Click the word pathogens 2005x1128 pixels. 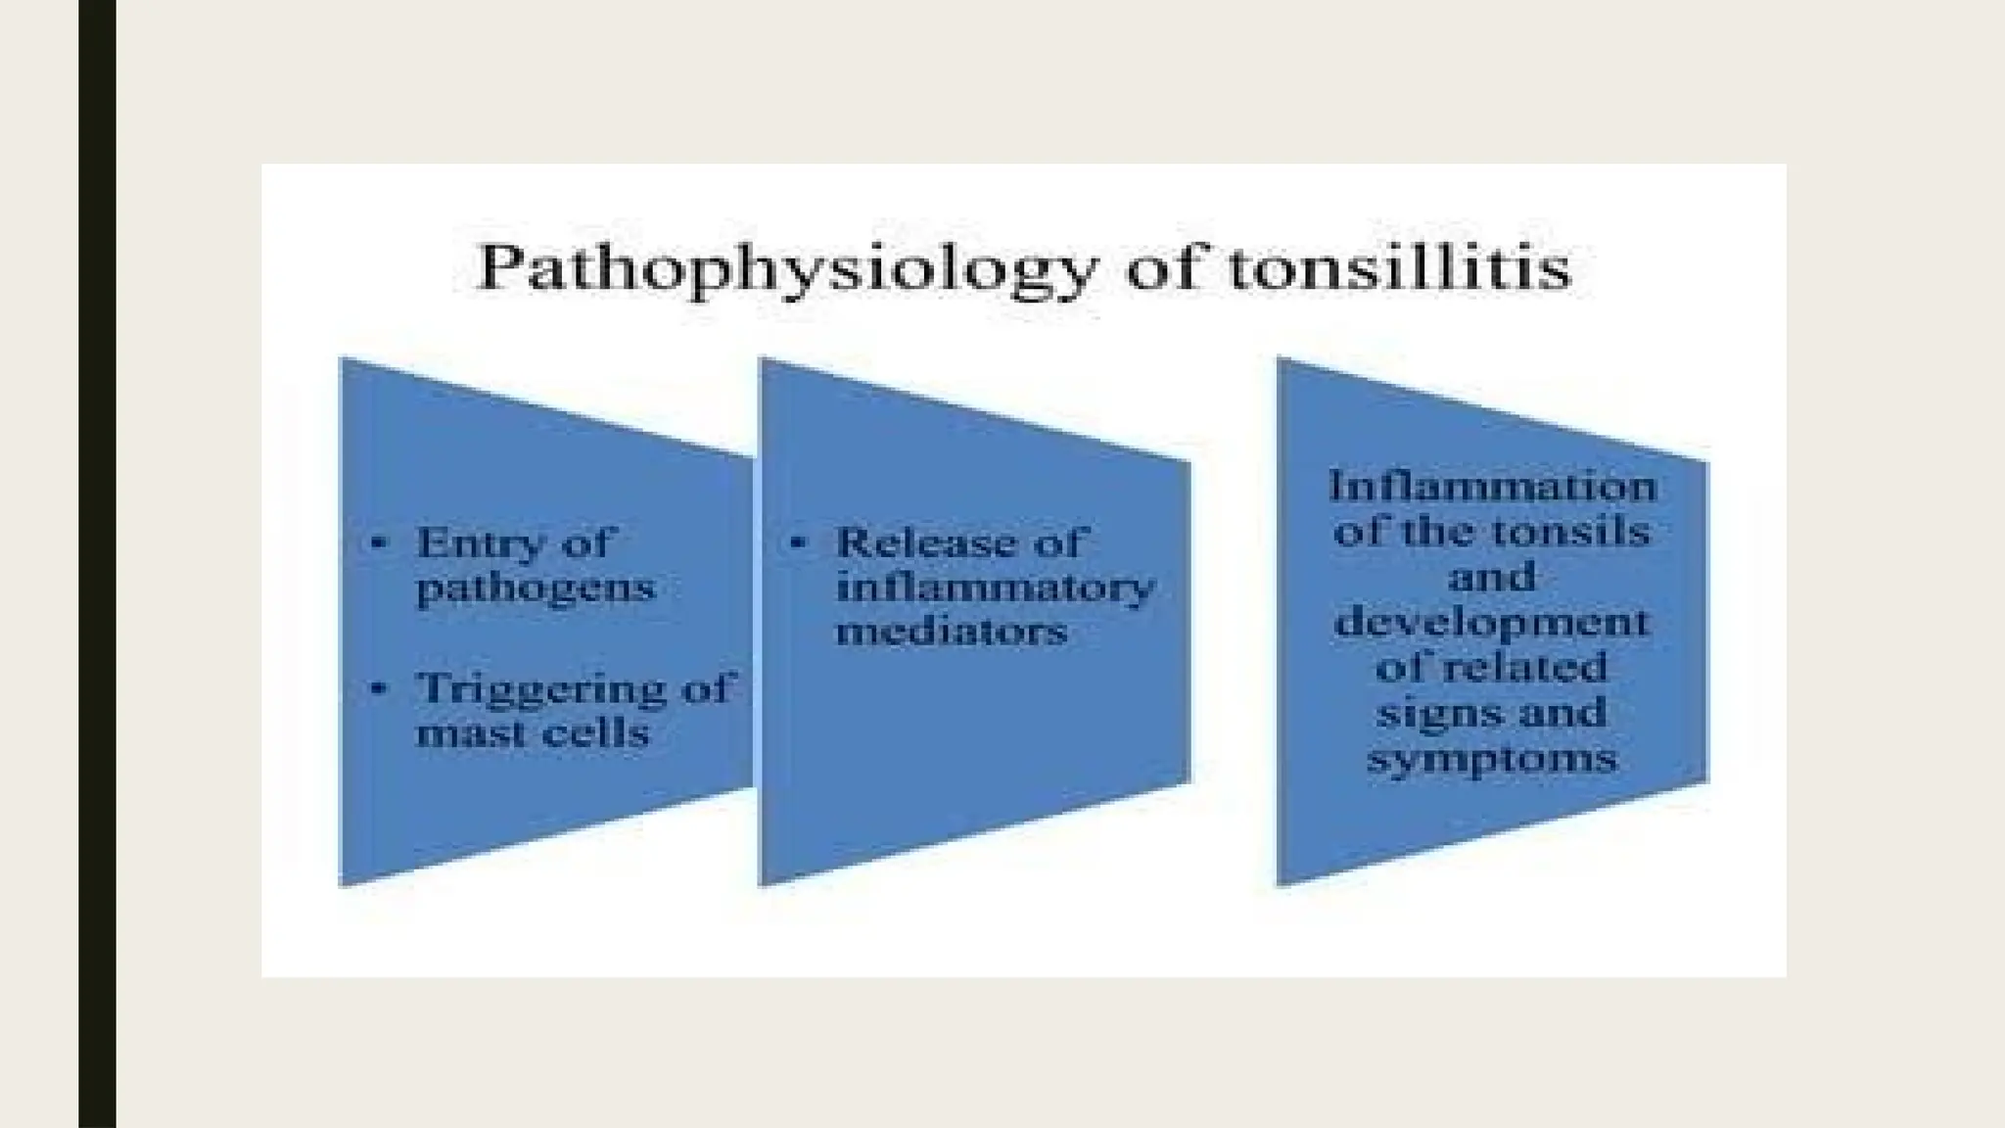535,588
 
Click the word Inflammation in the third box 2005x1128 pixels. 1493,487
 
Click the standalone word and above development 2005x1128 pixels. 1492,577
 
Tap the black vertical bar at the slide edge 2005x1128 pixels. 97,564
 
